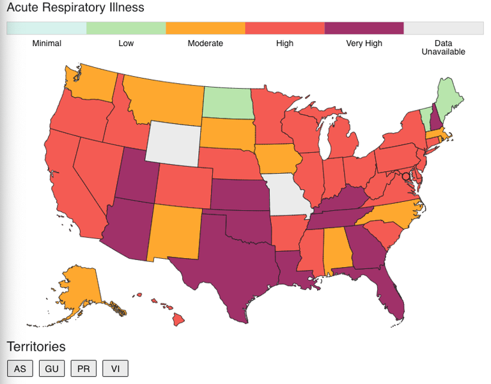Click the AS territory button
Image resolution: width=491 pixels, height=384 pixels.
click(20, 369)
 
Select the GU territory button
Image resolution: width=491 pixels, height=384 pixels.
click(52, 369)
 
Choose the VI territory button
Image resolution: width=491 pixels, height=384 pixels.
click(115, 369)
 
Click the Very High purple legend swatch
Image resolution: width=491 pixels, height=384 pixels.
click(364, 28)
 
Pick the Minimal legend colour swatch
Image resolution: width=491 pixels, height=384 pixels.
click(46, 28)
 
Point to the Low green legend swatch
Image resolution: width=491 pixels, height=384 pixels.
click(126, 28)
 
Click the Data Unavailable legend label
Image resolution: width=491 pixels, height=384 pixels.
click(443, 47)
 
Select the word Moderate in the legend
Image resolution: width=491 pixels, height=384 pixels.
click(205, 43)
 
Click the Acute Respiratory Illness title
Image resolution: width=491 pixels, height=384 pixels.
click(75, 8)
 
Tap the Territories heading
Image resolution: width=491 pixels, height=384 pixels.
click(36, 347)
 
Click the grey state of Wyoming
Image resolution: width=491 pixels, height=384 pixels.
click(173, 141)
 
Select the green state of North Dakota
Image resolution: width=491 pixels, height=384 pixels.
click(226, 102)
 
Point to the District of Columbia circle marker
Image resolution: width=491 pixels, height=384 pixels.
click(405, 176)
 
